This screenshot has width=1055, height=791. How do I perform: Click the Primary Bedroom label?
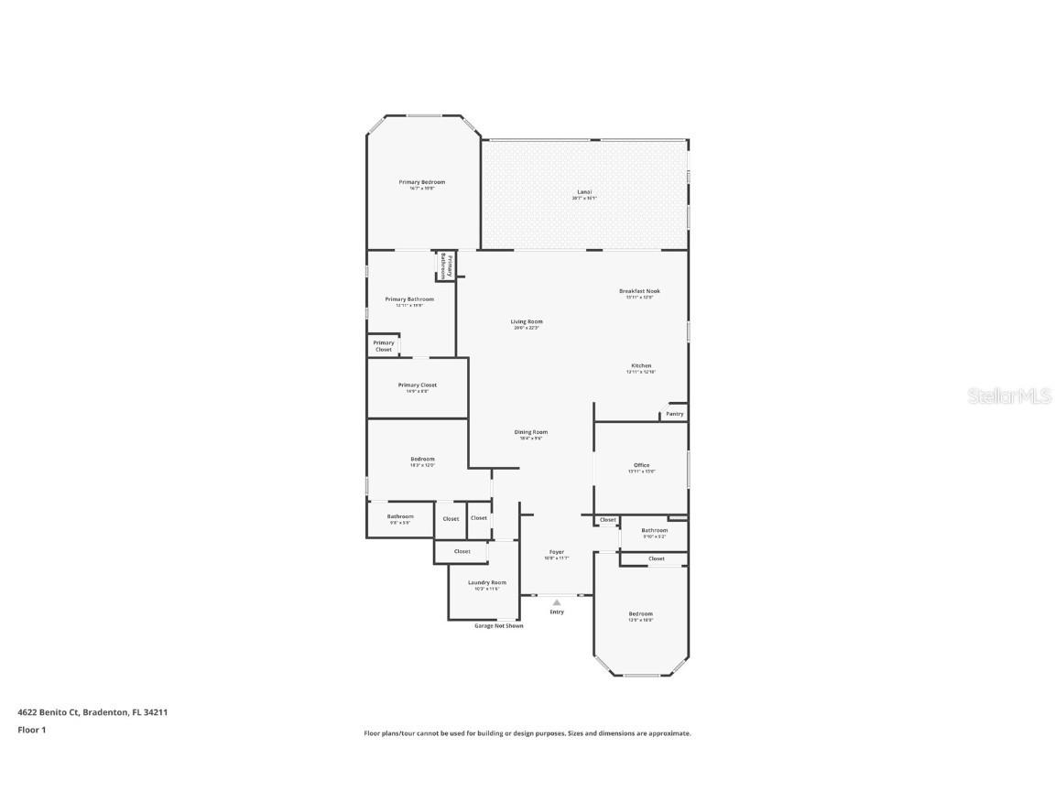click(422, 182)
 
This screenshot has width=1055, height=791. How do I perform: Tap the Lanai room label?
click(584, 192)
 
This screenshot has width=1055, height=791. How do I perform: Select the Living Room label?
click(527, 321)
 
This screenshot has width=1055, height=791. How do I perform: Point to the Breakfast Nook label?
click(639, 291)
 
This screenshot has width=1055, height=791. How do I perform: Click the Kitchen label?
click(641, 365)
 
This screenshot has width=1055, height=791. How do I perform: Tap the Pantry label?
click(674, 414)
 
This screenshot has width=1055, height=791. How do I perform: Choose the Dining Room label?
click(530, 432)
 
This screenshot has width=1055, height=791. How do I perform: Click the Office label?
click(641, 465)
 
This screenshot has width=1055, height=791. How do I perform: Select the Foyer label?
click(557, 552)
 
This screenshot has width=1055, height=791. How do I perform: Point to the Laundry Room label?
click(486, 582)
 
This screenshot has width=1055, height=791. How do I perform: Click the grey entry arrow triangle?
click(557, 602)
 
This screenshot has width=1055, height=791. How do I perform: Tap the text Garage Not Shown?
click(499, 626)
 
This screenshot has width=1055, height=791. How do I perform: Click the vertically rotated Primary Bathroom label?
click(446, 266)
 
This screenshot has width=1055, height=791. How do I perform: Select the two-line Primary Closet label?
click(384, 346)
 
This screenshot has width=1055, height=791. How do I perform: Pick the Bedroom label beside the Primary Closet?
click(422, 459)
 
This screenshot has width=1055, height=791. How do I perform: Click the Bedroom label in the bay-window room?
click(641, 613)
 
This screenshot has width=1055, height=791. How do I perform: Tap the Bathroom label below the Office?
click(654, 530)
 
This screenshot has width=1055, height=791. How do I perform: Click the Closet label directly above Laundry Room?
click(462, 551)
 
